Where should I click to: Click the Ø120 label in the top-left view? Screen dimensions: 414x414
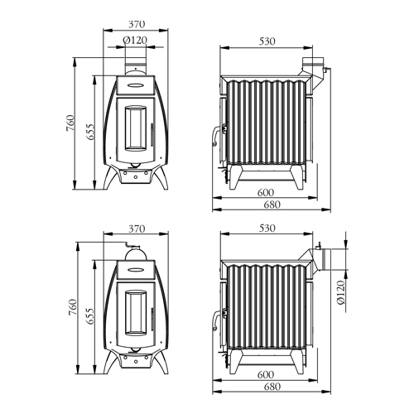tap(135, 41)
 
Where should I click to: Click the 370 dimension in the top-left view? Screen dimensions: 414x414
tap(137, 24)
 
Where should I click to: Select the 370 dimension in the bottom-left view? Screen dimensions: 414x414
tap(137, 229)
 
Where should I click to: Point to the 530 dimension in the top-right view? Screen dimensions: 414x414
tap(267, 41)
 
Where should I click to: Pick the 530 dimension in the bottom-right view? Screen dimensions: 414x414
tap(267, 229)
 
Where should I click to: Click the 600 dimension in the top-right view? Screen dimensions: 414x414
tap(266, 192)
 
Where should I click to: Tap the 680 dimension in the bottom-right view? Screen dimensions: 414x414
tap(272, 387)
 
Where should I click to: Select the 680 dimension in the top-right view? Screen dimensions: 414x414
tap(272, 205)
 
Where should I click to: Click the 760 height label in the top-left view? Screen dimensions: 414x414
tap(70, 123)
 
